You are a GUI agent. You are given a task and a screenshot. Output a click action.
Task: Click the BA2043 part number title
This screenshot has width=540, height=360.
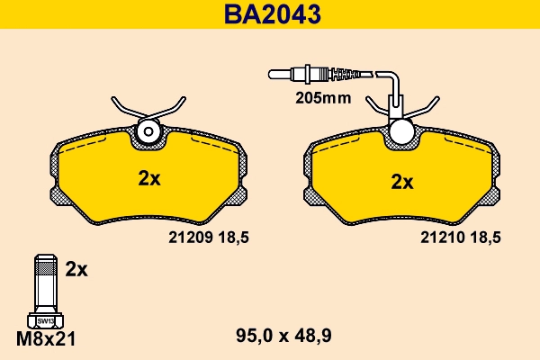[269, 15]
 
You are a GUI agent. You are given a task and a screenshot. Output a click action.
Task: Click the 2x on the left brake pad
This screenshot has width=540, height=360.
[149, 178]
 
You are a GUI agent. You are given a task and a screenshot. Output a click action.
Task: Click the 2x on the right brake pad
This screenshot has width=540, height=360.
[401, 181]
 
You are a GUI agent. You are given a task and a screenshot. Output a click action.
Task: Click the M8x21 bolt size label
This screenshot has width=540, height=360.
[44, 338]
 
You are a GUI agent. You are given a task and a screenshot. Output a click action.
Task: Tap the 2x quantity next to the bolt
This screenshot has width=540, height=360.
[76, 268]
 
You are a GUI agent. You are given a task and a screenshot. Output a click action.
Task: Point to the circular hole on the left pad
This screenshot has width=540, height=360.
[148, 134]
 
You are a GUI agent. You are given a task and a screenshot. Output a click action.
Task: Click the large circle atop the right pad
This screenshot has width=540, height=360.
[401, 132]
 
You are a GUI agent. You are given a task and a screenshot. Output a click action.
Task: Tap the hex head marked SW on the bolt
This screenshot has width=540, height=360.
[44, 319]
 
